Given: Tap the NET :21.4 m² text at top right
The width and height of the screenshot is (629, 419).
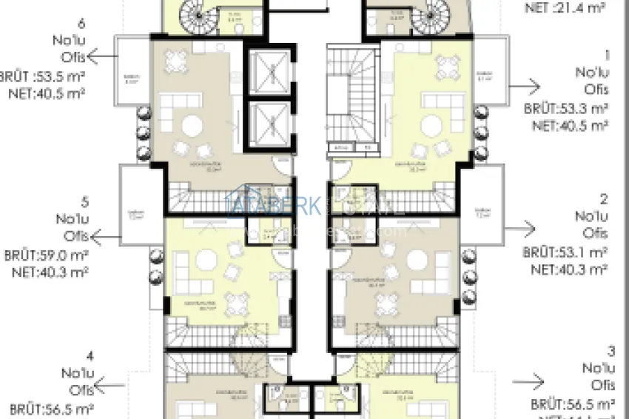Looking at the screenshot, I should click(565, 10).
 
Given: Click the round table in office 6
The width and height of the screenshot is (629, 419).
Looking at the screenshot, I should click(192, 126).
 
